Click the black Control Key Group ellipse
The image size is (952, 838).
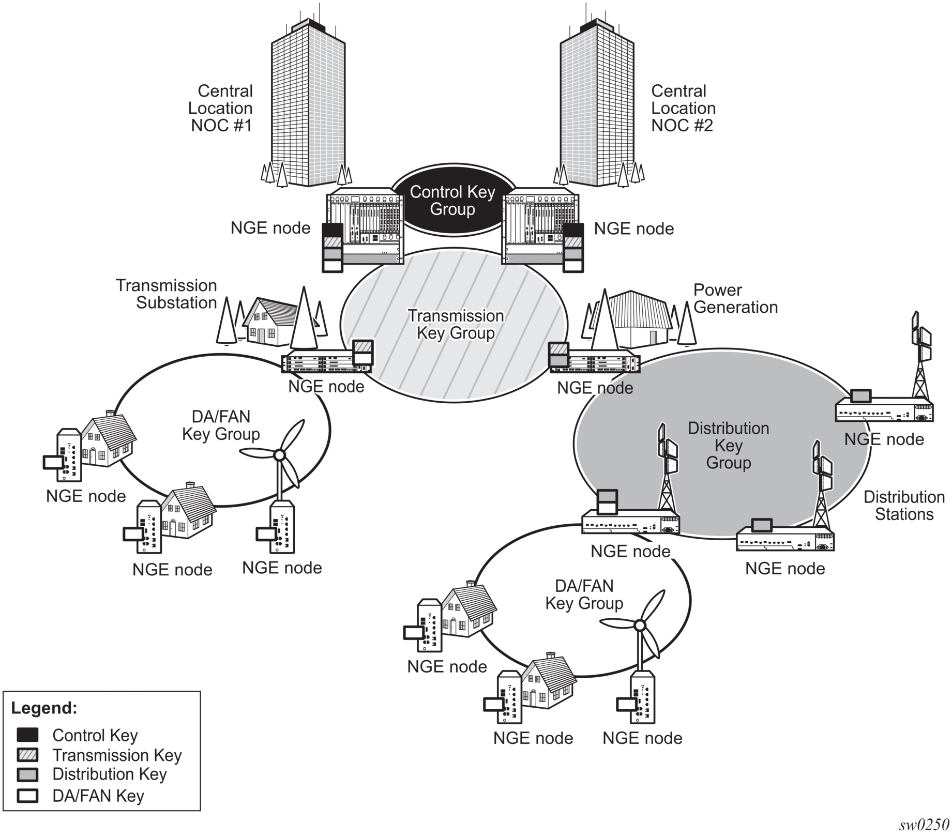coord(452,201)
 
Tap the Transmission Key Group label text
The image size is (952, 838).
coord(456,324)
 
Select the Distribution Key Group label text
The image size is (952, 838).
coord(728,445)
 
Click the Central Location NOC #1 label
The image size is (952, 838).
coord(221,108)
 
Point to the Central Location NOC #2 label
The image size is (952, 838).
coord(683,108)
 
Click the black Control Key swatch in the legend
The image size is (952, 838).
coord(27,735)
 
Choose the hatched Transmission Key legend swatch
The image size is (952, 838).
coord(27,755)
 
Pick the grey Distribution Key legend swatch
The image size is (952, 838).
coord(27,774)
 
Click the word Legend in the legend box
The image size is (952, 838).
coord(44,708)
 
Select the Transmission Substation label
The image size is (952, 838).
coord(166,294)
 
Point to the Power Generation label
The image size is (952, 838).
coord(735,298)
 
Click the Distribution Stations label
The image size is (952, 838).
coord(904,506)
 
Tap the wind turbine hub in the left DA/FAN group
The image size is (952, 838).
coord(279,455)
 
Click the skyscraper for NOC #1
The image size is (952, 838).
coord(308,103)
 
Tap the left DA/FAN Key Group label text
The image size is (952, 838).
coord(221,425)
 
